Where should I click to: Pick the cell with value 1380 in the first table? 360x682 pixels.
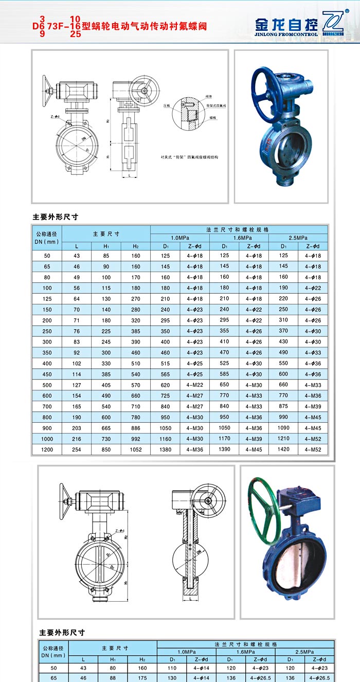(165, 450)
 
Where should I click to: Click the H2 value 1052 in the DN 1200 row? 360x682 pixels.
(135, 450)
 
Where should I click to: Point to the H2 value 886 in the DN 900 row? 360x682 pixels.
(135, 428)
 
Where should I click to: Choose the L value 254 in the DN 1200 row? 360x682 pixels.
(77, 450)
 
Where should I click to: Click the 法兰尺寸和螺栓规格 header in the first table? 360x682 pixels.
(239, 229)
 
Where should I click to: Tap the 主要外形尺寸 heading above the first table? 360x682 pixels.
(55, 217)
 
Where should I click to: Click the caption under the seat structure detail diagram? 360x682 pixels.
(189, 157)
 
